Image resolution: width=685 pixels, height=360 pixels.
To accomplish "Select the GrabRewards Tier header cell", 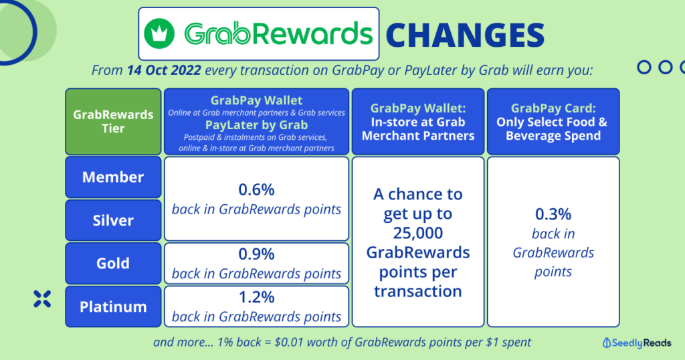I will coord(113,121).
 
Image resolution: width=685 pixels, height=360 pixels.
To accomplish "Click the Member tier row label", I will coord(113,177).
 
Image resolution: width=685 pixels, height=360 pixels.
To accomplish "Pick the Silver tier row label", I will coord(113,220).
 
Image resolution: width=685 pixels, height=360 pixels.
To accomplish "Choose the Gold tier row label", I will coord(113,263).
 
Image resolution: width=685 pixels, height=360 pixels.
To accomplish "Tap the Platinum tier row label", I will coord(113,306).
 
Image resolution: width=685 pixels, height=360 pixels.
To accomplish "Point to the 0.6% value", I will coord(256,190).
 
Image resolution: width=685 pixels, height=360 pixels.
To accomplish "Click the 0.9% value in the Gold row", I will coord(256,254).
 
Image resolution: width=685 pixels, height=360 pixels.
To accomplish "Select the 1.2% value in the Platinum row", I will coord(256,297).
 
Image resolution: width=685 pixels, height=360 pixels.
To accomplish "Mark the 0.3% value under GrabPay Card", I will coord(553,215).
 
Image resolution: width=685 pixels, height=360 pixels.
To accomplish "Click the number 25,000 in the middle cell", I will coord(417,234).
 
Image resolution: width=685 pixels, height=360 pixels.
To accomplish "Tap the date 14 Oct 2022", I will coord(165,70).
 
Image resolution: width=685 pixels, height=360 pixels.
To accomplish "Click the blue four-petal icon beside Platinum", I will coord(42,299).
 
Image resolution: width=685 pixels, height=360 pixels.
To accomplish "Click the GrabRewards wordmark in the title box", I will coord(278,33).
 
